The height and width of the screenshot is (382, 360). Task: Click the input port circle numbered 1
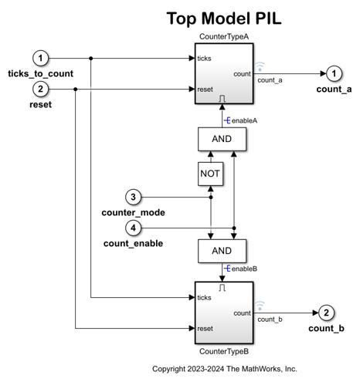(42, 57)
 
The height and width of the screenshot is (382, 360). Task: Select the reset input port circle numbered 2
(42, 89)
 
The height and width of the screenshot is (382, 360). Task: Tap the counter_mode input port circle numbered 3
(134, 196)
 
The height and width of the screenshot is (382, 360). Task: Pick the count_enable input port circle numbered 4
(134, 228)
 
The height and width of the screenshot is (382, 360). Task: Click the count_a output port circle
(333, 73)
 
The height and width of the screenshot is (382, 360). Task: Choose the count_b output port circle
(327, 313)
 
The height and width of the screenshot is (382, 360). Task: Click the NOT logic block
(210, 174)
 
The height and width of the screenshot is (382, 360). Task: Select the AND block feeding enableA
(222, 139)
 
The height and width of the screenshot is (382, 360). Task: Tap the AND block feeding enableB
(222, 251)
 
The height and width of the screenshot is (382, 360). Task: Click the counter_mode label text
(132, 212)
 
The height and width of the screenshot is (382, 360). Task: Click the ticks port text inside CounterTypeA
(205, 58)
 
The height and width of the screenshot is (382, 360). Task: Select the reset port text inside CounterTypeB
(205, 328)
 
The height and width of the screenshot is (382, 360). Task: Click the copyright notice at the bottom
(224, 369)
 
